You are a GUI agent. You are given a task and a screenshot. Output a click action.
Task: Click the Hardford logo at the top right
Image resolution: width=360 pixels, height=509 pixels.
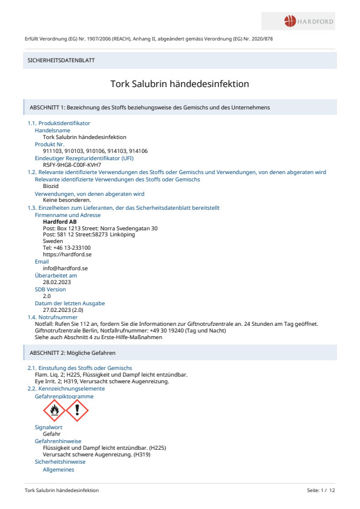[x=309, y=22]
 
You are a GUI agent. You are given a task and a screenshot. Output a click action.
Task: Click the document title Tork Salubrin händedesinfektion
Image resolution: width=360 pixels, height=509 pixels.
[x=180, y=84]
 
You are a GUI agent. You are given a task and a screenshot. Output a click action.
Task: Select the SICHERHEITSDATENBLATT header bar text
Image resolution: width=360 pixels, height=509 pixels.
[x=62, y=60]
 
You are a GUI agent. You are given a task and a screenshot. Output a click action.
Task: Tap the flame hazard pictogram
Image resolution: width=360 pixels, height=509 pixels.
[x=54, y=410]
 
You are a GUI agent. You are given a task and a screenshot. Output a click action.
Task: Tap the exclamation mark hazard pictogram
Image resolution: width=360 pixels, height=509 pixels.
[x=77, y=410]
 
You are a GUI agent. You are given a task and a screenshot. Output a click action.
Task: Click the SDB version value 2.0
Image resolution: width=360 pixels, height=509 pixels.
[x=47, y=296]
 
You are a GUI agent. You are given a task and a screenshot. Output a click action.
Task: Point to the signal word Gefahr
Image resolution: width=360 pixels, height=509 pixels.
[x=52, y=434]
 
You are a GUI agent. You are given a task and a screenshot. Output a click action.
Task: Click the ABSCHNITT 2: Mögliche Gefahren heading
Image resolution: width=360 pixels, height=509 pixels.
[x=73, y=352]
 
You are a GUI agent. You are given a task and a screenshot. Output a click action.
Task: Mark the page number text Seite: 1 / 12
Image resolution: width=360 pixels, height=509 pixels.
[x=321, y=490]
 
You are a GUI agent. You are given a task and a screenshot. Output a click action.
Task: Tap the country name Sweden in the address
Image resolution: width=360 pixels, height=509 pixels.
[x=53, y=241]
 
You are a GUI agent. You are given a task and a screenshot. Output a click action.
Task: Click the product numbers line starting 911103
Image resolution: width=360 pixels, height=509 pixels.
[x=96, y=151]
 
